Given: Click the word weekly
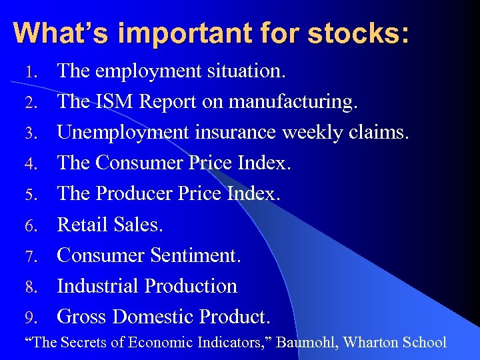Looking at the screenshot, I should click(x=313, y=132).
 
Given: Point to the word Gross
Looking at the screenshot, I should click(x=83, y=316).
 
